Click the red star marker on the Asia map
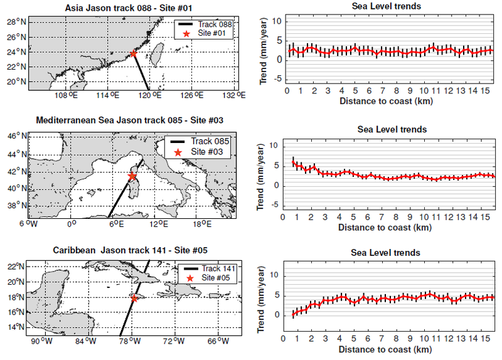134,53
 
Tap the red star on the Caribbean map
134,299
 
